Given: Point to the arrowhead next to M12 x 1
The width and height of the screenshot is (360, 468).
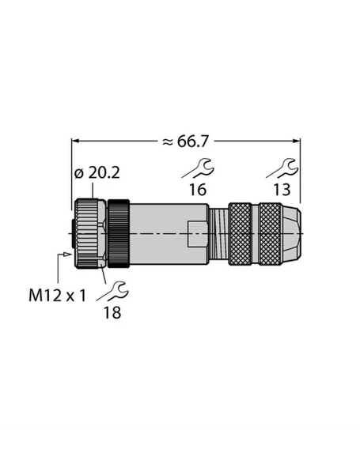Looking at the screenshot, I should [64, 255].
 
